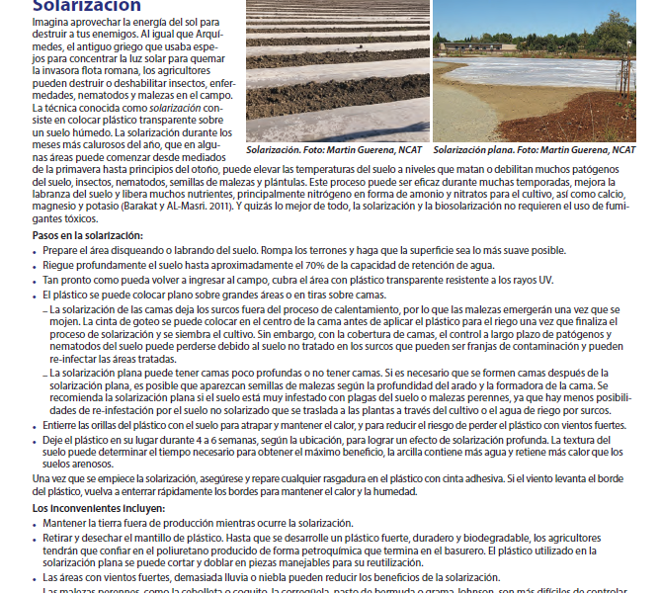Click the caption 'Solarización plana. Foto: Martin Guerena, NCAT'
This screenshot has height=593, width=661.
tap(535, 149)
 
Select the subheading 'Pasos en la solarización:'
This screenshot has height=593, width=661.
tap(88, 235)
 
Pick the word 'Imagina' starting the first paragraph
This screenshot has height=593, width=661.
tap(50, 22)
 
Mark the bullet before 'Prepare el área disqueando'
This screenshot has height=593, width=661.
tap(36, 251)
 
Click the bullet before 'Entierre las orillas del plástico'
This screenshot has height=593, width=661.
tap(36, 425)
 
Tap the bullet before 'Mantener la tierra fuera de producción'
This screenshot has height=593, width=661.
tap(36, 523)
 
